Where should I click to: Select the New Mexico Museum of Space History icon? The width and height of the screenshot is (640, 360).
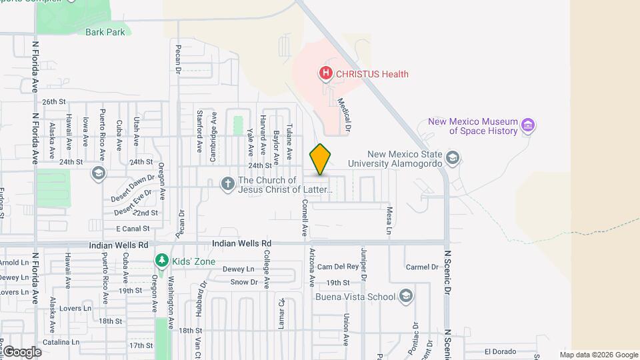[529, 125]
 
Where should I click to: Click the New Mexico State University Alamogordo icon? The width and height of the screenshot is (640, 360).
[453, 158]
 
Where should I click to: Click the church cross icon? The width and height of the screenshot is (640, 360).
[228, 183]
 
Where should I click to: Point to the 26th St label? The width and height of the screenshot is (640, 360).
[53, 102]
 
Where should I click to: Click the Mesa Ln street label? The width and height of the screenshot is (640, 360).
[389, 221]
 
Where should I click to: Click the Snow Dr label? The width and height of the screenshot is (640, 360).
[243, 282]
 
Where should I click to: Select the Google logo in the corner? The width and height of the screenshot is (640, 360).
[22, 352]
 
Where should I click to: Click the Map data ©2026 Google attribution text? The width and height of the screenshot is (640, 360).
[599, 355]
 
